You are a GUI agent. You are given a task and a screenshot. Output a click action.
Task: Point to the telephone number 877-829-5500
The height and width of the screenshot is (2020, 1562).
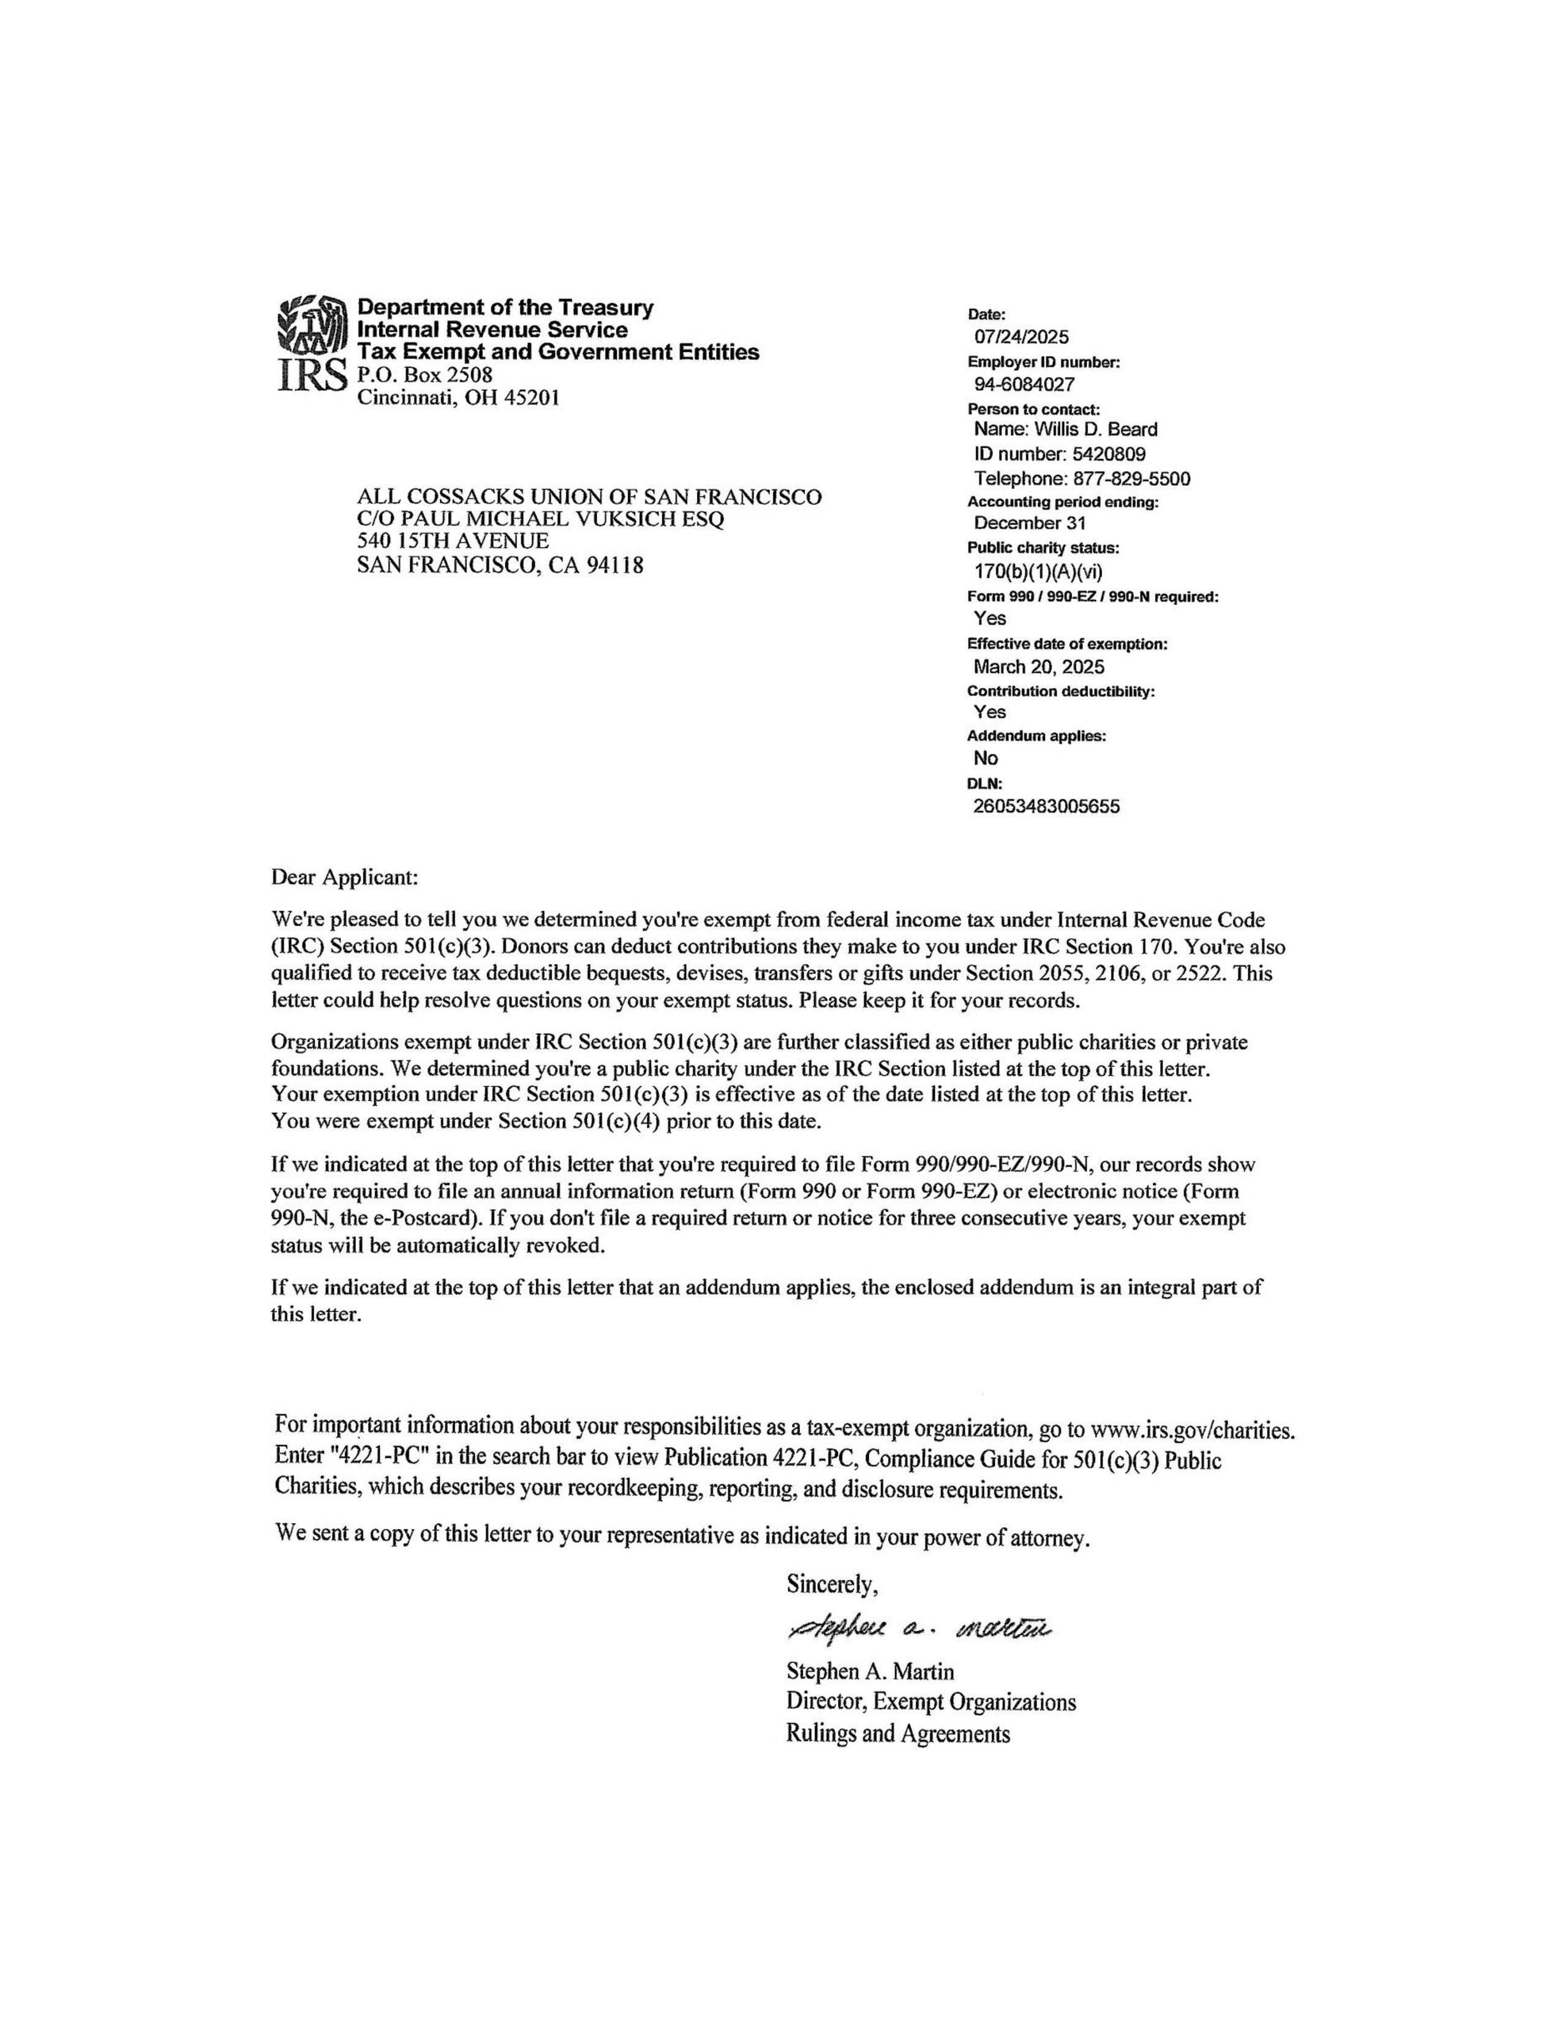tap(1131, 479)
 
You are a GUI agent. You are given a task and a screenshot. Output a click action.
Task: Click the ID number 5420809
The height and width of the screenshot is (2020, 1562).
tap(1109, 454)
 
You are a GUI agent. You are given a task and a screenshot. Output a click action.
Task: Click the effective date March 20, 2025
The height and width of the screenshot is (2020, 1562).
tap(1038, 667)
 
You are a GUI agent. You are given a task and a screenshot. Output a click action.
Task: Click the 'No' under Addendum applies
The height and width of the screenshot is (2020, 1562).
tap(986, 758)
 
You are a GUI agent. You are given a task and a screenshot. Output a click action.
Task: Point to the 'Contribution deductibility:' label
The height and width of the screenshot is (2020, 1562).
tap(1060, 691)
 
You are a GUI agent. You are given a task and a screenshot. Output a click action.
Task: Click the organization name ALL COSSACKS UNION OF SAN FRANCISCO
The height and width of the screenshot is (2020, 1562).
tap(589, 498)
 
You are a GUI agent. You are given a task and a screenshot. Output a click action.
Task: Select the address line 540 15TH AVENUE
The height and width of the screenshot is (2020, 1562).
tap(453, 541)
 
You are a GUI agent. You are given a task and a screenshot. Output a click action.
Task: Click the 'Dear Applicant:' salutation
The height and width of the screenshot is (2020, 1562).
tap(344, 876)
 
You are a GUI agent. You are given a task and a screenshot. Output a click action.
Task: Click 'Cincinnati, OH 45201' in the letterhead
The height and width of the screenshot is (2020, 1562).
tap(458, 398)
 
